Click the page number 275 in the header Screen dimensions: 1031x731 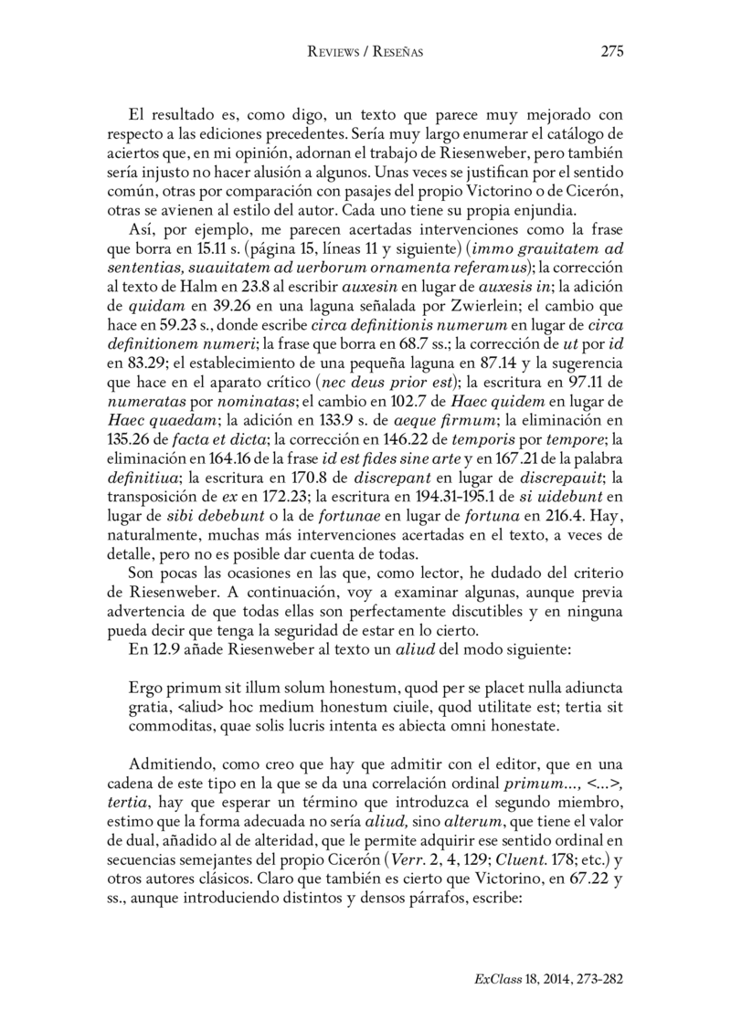[611, 52]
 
